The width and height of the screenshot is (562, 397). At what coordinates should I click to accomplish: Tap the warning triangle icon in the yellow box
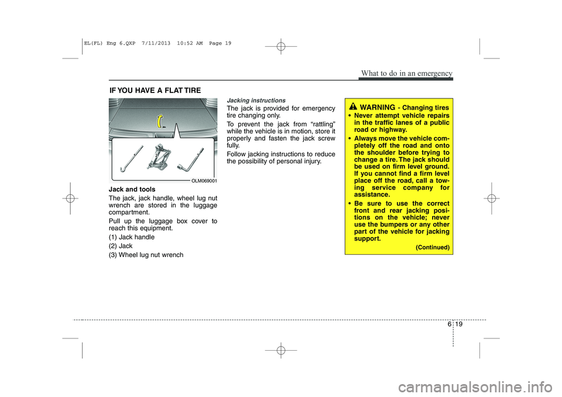click(353, 107)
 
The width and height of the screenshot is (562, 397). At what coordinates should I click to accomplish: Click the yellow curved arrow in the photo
click(159, 121)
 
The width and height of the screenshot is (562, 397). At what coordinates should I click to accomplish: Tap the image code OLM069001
click(205, 181)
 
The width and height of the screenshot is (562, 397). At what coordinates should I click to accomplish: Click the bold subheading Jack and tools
click(132, 190)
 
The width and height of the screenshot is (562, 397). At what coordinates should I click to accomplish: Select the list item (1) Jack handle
click(132, 237)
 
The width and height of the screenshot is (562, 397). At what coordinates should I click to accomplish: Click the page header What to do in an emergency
click(406, 73)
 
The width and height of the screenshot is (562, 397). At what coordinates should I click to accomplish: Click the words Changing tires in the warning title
click(426, 108)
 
